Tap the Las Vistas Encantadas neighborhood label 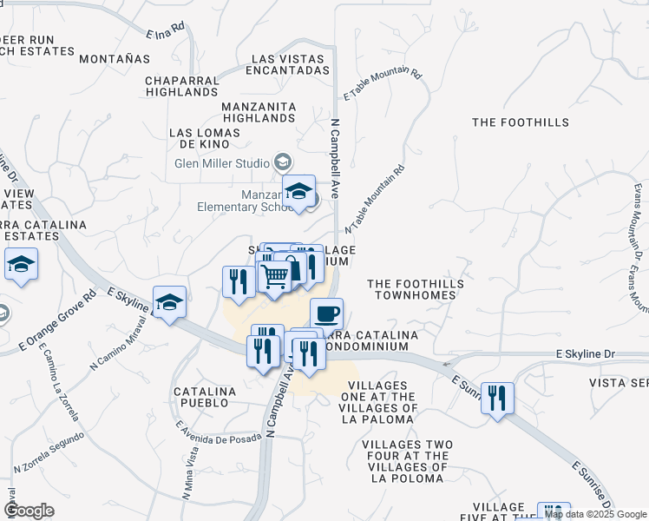[x=291, y=64]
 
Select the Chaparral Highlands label [x=181, y=86]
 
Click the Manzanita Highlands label [x=259, y=111]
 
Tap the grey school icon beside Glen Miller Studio [x=283, y=162]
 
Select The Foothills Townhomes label [x=415, y=289]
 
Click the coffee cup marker [x=326, y=313]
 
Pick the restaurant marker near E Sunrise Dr [x=497, y=398]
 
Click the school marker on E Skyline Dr [x=170, y=301]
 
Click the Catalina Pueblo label [x=205, y=398]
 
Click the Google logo [x=29, y=511]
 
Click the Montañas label [x=115, y=59]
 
